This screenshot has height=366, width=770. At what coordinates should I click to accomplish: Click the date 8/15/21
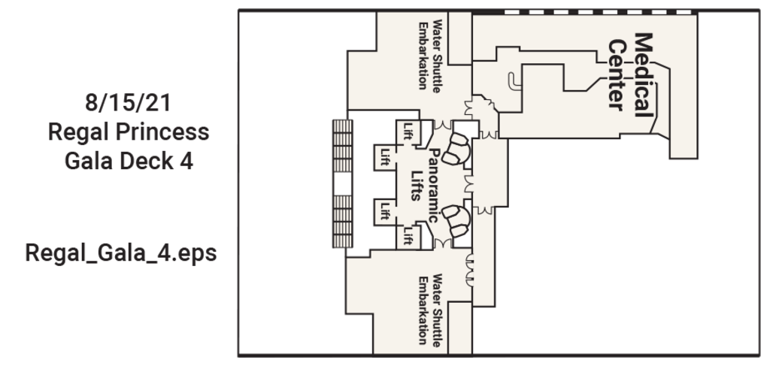tap(128, 102)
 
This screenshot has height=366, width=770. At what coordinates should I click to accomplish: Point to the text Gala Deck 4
tap(129, 161)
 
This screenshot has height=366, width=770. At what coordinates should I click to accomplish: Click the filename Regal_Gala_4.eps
tap(121, 253)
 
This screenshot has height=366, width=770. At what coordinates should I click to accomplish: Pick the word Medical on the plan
tap(644, 74)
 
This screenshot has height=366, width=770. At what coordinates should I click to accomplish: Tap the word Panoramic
tap(433, 186)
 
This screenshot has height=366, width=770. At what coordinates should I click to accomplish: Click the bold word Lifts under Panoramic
tap(416, 186)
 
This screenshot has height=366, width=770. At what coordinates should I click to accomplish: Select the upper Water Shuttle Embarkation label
tap(429, 55)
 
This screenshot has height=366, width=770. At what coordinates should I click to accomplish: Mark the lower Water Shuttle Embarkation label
tap(429, 309)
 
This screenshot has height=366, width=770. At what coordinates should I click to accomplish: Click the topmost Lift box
tap(408, 131)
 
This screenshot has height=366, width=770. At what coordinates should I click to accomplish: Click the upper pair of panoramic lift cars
tap(456, 149)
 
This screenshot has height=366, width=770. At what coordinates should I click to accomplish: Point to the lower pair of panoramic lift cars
tap(456, 222)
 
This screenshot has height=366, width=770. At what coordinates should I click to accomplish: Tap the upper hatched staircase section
tap(342, 146)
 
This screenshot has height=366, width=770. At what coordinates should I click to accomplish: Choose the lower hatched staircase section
tap(342, 221)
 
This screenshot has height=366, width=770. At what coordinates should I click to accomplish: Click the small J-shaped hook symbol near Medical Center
tap(514, 81)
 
